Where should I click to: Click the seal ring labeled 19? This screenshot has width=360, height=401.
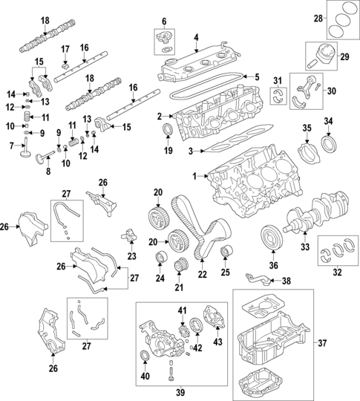tap(169, 133)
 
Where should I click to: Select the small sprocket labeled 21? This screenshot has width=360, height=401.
tap(178, 265)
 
